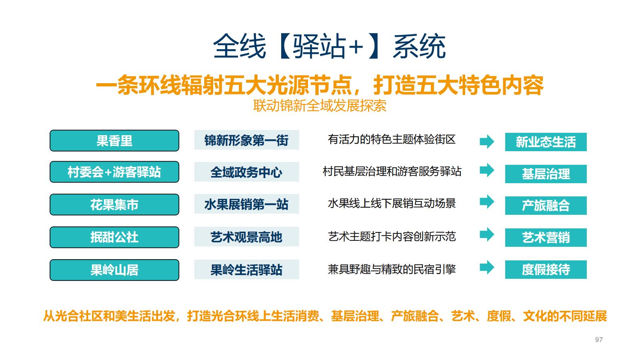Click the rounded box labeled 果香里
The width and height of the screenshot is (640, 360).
coord(114,141)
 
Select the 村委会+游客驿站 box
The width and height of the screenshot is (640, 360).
coord(114,172)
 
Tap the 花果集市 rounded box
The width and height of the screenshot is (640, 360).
coord(114,205)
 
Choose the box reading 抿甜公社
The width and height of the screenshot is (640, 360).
coord(114,237)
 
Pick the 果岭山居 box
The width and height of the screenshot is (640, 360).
coord(114,270)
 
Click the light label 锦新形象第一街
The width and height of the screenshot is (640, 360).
coord(246,140)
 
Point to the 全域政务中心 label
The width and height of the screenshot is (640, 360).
coord(246,172)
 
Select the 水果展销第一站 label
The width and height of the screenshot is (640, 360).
coord(246,204)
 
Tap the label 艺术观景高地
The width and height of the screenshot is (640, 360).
coord(246,237)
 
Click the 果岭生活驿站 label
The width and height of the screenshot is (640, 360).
coord(246,270)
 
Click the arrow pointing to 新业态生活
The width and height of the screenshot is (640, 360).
coord(487,141)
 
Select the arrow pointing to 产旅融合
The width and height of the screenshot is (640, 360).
coord(487,202)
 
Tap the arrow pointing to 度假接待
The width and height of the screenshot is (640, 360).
coord(487,267)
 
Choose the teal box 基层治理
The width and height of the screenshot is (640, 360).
coord(546,174)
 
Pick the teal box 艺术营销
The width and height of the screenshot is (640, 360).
coord(546,238)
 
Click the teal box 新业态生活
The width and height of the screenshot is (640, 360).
coord(546,142)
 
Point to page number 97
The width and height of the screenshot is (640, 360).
coord(599,340)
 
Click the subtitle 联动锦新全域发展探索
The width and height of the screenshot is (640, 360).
coord(320,106)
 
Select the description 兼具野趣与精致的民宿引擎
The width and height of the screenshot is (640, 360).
coord(392,269)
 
